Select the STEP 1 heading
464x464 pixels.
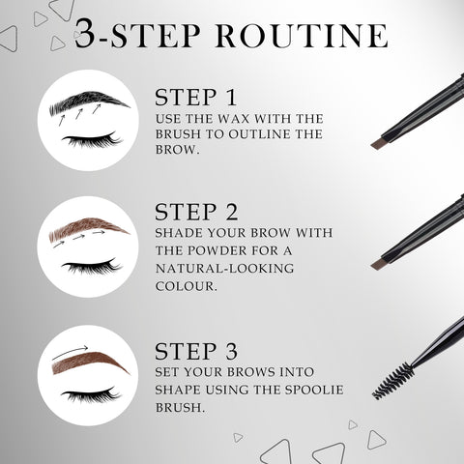pos(195,98)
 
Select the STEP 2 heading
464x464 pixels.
pos(197,212)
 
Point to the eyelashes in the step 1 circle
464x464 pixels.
pos(91,141)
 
